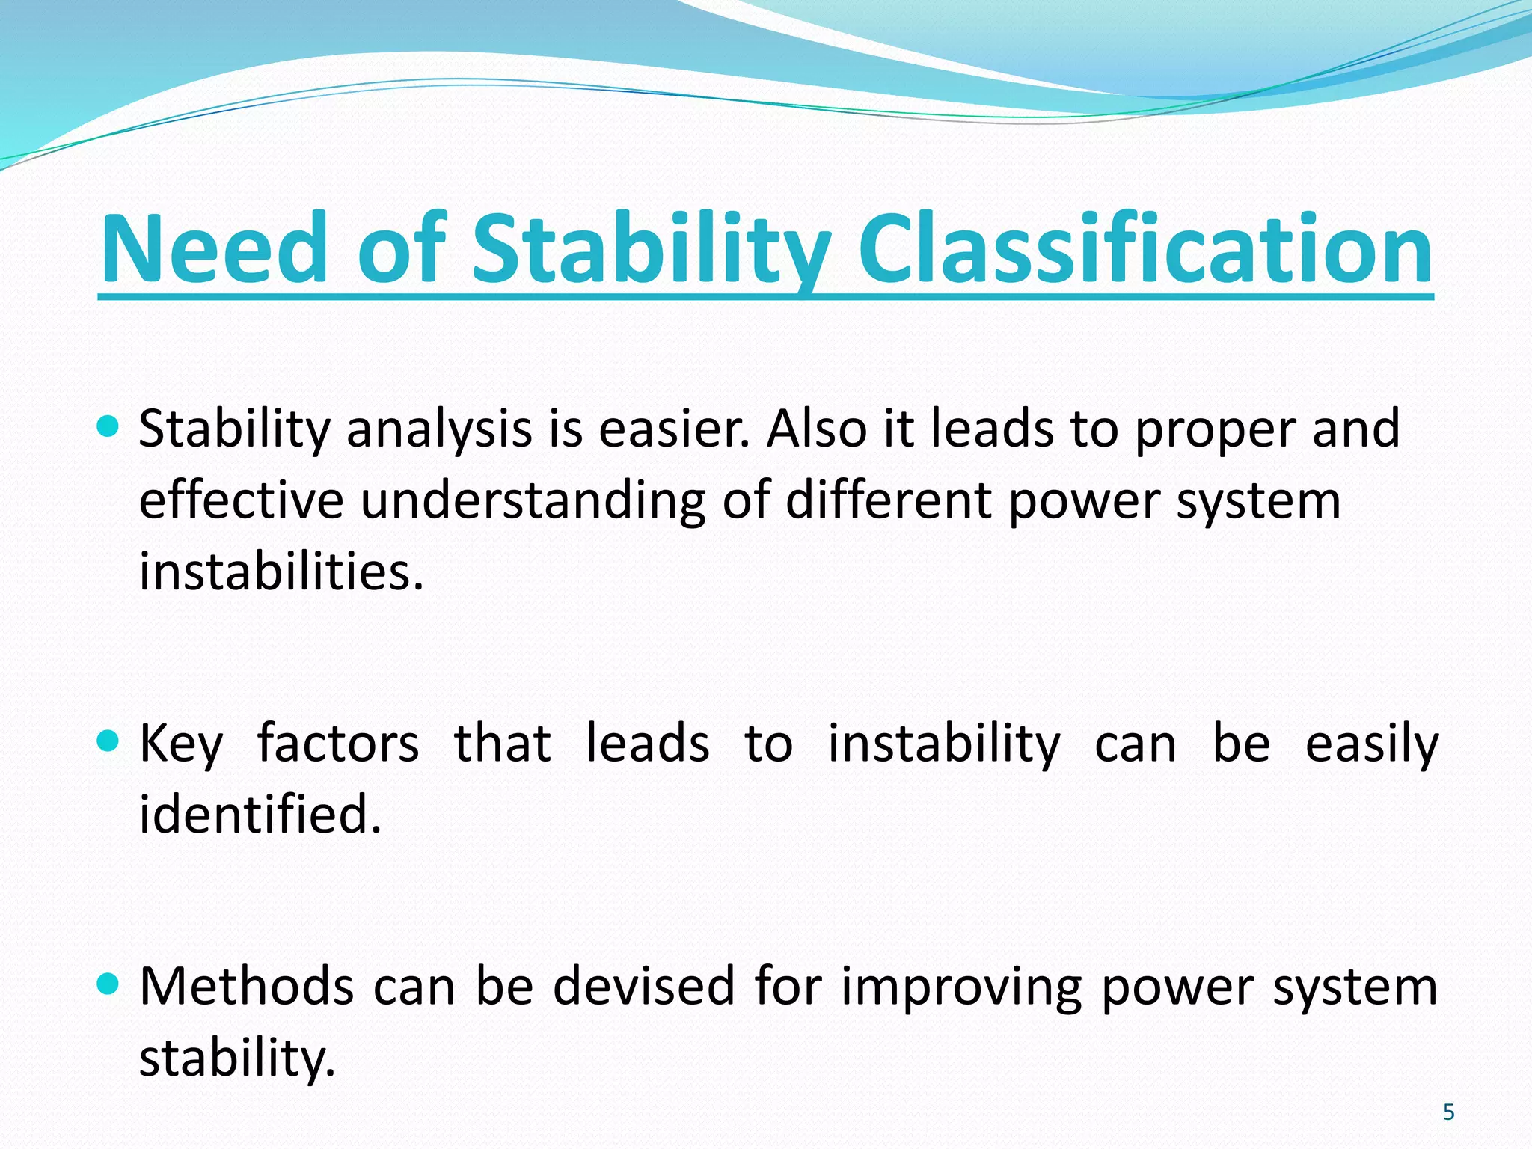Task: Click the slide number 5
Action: pyautogui.click(x=1448, y=1112)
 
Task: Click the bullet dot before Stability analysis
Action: pyautogui.click(x=108, y=427)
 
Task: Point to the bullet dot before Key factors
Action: pyautogui.click(x=108, y=741)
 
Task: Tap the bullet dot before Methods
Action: pyautogui.click(x=108, y=984)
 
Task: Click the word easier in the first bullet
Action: pyautogui.click(x=673, y=430)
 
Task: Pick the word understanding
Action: pyautogui.click(x=532, y=501)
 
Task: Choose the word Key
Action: pyautogui.click(x=181, y=744)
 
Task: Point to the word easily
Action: pyautogui.click(x=1371, y=744)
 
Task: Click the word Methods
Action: pyautogui.click(x=246, y=986)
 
